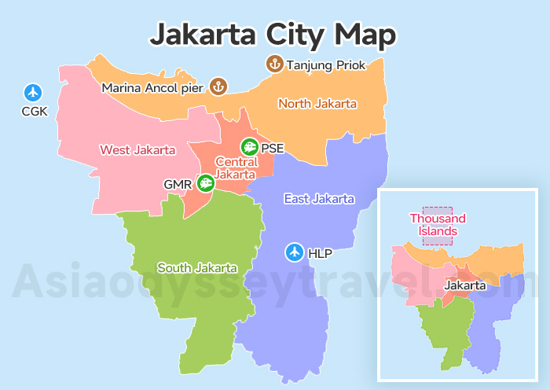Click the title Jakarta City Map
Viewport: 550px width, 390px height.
(x=273, y=34)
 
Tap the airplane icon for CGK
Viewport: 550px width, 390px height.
(x=32, y=91)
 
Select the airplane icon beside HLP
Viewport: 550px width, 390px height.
(x=295, y=252)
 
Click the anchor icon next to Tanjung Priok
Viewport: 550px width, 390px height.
(x=275, y=64)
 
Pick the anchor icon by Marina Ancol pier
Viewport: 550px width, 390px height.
(x=218, y=86)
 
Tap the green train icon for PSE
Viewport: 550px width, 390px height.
(x=249, y=147)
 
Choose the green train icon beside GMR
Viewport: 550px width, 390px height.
(x=205, y=184)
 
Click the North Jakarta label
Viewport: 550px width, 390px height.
(x=317, y=104)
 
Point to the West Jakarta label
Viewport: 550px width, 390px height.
(x=137, y=149)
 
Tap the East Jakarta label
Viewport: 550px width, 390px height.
(x=319, y=199)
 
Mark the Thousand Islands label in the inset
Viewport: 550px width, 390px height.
(x=438, y=225)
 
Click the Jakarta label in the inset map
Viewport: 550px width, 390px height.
(x=465, y=285)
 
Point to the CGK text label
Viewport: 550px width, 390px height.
(x=35, y=112)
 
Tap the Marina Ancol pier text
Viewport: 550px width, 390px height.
(x=152, y=87)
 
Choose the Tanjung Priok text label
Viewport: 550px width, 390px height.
(x=326, y=65)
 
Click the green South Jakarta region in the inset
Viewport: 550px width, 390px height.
(x=444, y=330)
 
